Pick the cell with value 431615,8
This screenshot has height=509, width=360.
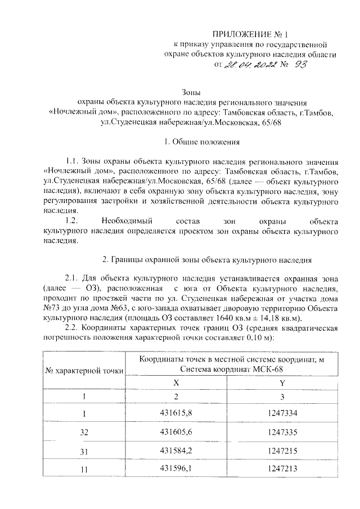[x=176, y=414]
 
